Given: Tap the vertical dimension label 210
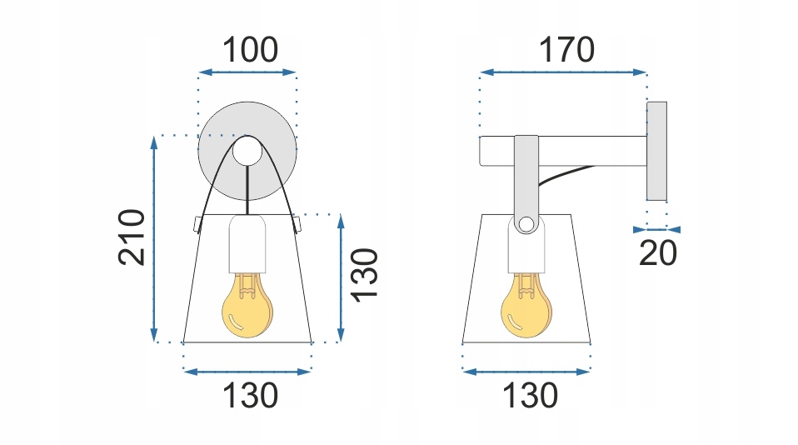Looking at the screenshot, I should point(132,237).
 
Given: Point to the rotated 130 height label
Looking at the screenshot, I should point(364,275).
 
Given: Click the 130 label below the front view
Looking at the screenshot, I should point(249,395).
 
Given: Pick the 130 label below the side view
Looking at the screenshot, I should point(529,395).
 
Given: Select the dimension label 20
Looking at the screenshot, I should point(658,252).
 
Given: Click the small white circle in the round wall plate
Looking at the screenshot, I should point(247,152).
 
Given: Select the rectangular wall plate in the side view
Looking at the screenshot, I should point(657,151).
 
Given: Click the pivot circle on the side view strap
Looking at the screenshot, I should point(526,223).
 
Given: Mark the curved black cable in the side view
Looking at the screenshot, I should point(566,174).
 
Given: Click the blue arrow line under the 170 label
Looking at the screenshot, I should point(564,72).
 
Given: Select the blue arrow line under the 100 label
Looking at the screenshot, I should point(247,72).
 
